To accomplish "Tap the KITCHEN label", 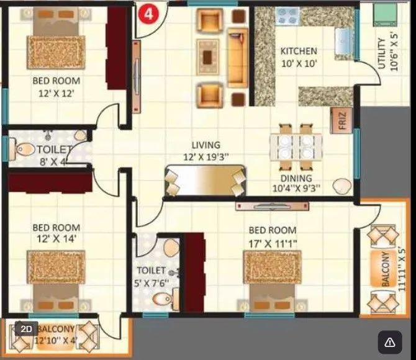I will click(x=298, y=51).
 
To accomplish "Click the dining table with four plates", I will click(x=295, y=147).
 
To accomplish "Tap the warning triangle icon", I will click(x=389, y=342).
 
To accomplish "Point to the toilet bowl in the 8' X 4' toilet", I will click(x=25, y=149).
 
